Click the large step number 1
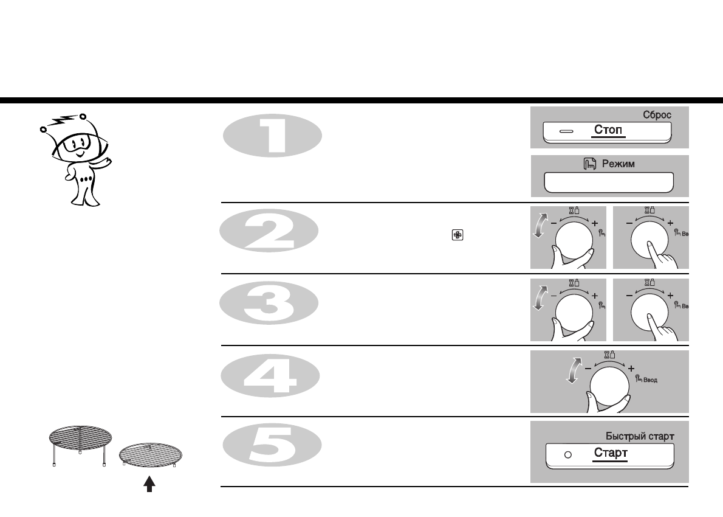(272, 134)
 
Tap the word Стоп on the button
(609, 131)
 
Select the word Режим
(618, 164)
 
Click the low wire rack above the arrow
(151, 454)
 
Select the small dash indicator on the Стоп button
(566, 131)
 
